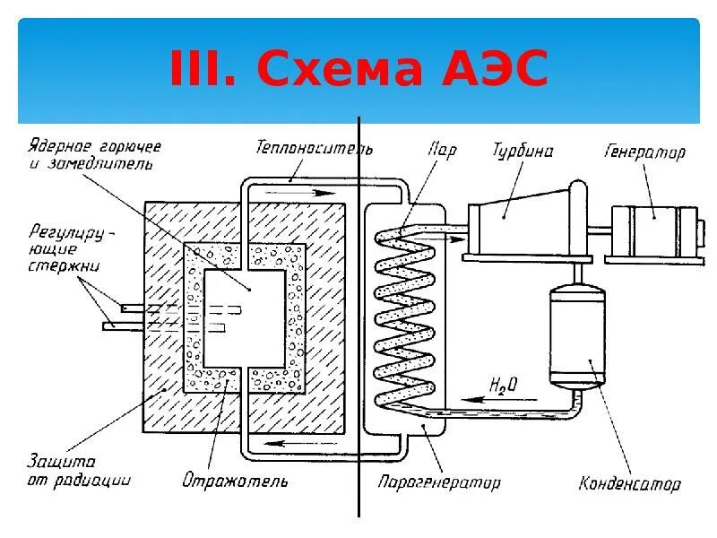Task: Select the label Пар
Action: pyautogui.click(x=442, y=149)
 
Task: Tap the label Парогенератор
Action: pyautogui.click(x=438, y=482)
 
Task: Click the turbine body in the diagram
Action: pyautogui.click(x=520, y=220)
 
